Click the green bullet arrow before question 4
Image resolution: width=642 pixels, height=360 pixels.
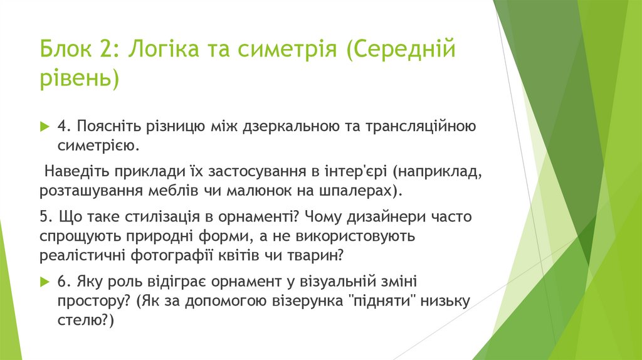click(44, 127)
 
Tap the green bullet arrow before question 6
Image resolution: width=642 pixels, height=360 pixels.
click(44, 280)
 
